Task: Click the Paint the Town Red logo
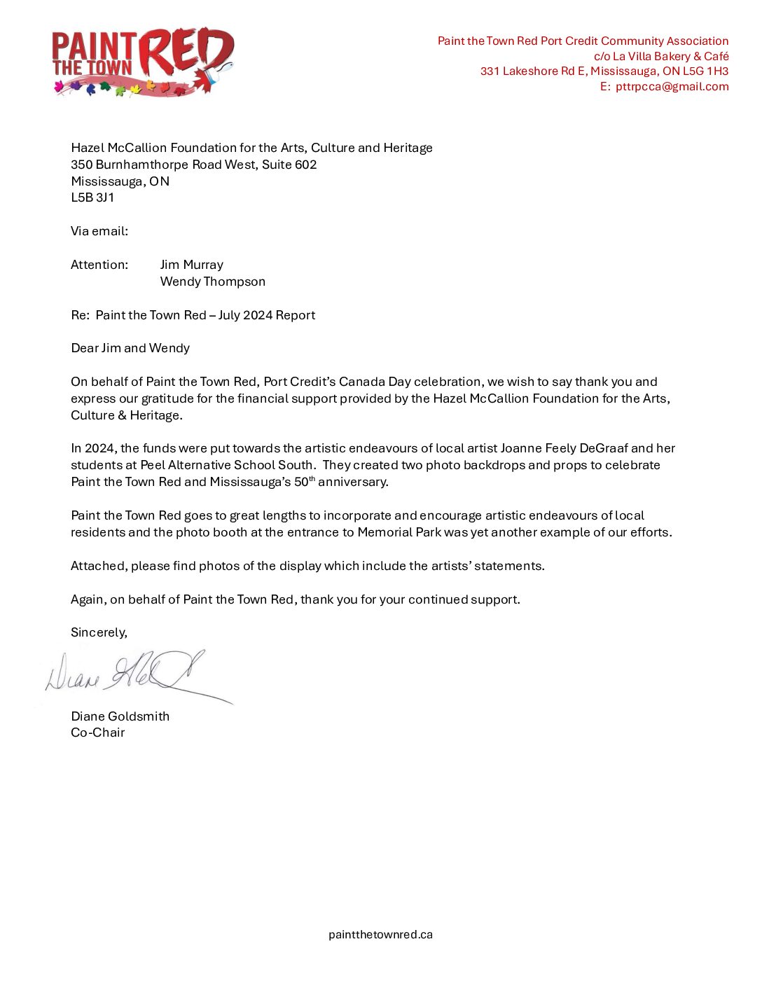143,62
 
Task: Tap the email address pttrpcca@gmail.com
672,87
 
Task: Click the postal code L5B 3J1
92,198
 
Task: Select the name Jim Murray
191,265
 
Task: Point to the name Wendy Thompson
212,282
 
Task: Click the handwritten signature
133,674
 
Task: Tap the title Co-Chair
97,732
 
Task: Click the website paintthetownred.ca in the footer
380,934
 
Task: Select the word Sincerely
99,632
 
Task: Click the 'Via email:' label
99,231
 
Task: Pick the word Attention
99,265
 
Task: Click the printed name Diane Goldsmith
120,716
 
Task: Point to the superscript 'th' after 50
312,479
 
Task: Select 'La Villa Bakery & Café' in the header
670,56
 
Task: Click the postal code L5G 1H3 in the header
705,71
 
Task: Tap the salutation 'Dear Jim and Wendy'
130,348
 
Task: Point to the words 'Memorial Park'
399,532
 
